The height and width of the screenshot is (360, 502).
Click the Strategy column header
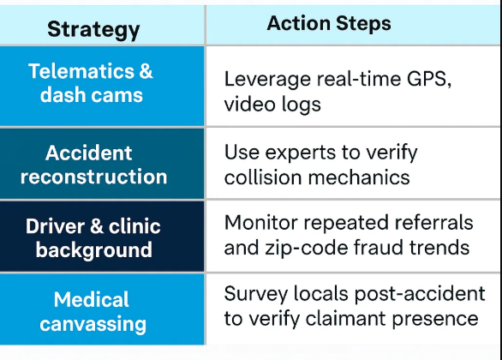click(93, 30)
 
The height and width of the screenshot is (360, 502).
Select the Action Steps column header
click(329, 23)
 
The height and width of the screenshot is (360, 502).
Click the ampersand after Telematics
click(146, 71)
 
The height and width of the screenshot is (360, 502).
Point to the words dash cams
click(92, 95)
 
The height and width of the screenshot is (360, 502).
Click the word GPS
click(429, 79)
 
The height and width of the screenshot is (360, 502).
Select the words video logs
click(272, 105)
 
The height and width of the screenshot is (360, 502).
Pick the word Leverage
click(267, 80)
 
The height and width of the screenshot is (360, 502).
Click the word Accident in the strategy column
click(89, 153)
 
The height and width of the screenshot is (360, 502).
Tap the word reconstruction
click(93, 177)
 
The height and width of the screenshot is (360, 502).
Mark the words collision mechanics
click(317, 177)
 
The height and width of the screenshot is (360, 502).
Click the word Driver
click(56, 226)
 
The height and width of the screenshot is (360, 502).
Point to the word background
click(94, 249)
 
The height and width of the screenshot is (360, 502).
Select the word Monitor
click(261, 223)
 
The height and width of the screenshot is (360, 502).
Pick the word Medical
click(92, 299)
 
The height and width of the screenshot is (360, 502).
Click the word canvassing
click(93, 325)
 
